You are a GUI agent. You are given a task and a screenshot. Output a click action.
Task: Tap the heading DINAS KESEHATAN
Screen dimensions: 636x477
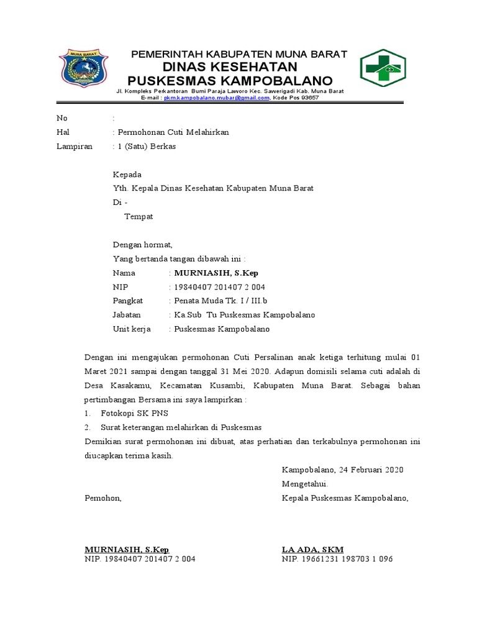230,67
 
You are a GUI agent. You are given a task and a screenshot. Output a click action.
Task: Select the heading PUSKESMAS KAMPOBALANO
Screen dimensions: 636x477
230,81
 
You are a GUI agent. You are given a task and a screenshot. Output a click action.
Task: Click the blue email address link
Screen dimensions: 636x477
217,98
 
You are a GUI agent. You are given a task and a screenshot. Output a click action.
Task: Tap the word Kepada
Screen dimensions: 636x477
127,175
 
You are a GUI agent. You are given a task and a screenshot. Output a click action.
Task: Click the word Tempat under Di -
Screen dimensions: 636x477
139,217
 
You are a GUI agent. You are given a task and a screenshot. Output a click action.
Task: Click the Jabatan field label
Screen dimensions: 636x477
127,315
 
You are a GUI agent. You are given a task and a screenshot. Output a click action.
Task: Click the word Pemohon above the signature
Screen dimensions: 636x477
103,497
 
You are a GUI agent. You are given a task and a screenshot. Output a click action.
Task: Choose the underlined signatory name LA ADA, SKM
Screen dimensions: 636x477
312,549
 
